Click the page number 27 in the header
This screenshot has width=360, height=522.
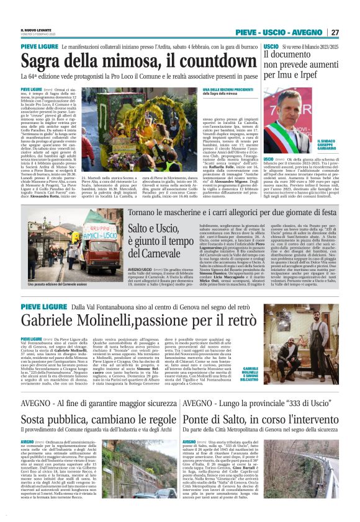335,32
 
